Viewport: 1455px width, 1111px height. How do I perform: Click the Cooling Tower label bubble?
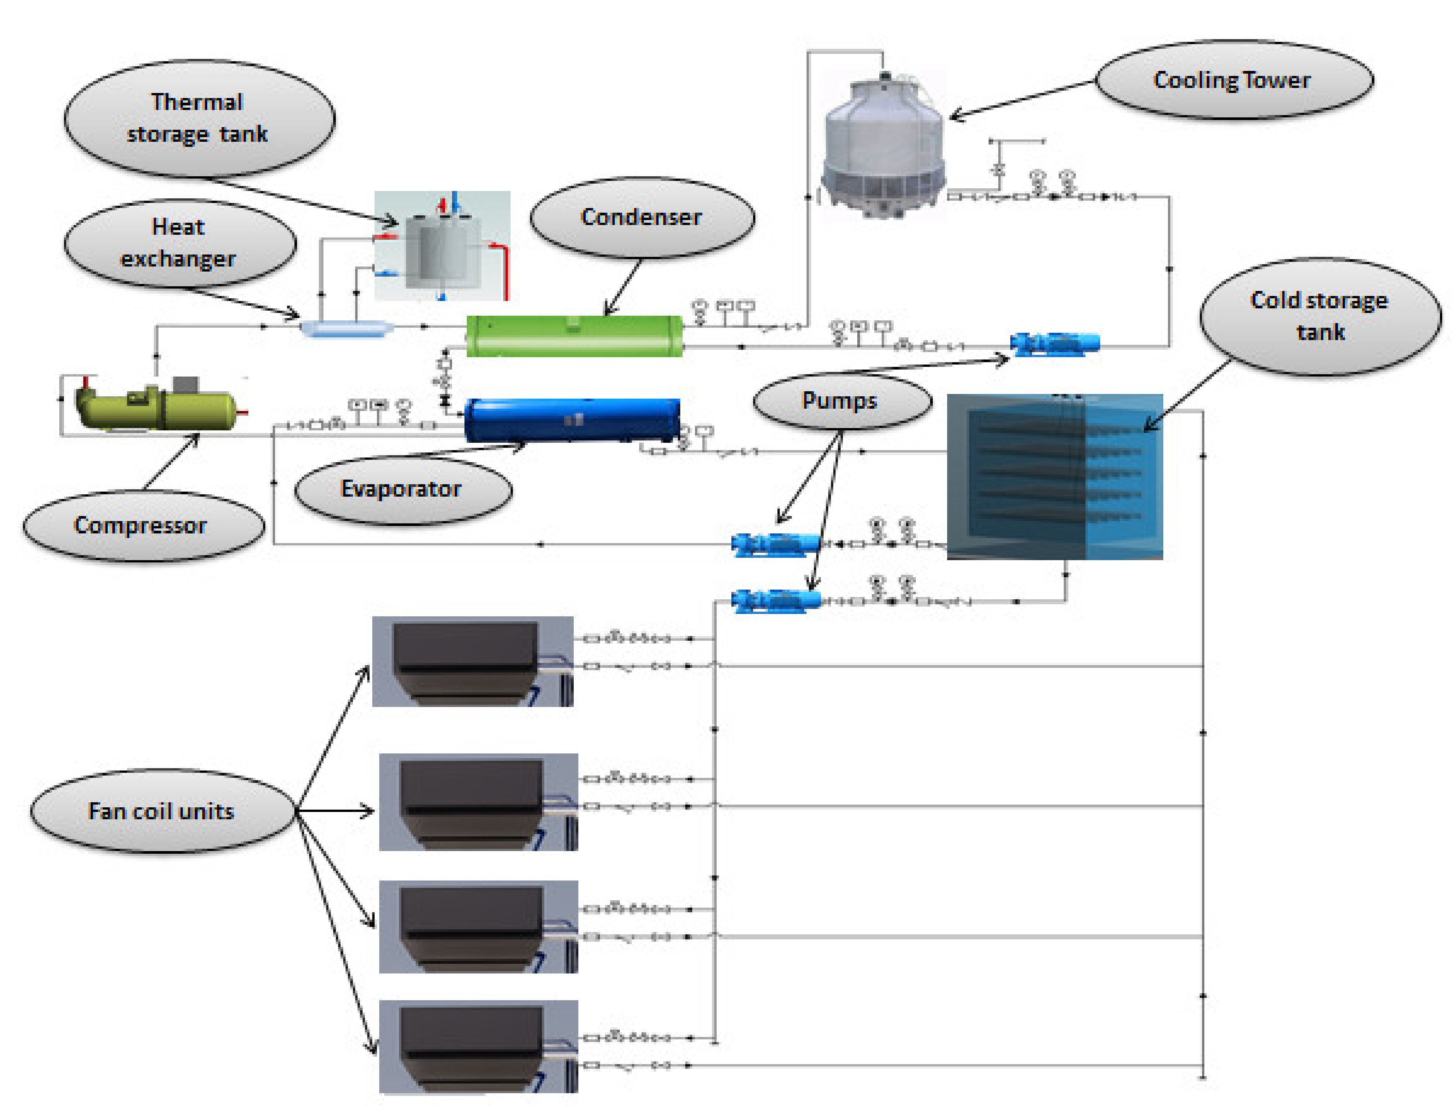1233,81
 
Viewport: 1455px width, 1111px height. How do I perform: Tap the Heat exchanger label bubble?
180,243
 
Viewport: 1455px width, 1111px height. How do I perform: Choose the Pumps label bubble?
841,401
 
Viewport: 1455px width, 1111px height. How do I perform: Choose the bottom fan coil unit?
478,1046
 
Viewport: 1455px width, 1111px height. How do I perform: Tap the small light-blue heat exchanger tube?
347,328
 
